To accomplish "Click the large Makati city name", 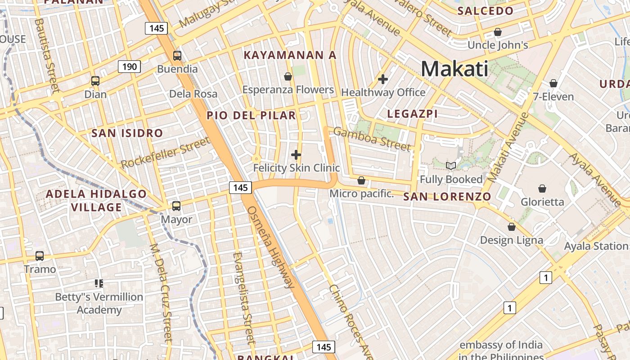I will click(x=454, y=69).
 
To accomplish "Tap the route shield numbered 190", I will click(x=130, y=67).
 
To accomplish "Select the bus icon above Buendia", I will click(x=177, y=56).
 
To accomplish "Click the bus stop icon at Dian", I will click(x=95, y=81).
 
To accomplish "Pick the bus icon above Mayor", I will click(x=176, y=206).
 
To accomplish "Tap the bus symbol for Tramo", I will click(x=40, y=256).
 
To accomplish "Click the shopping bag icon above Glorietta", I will click(x=542, y=189).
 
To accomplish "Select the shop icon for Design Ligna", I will click(x=511, y=227).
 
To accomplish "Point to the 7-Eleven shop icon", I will click(x=553, y=83).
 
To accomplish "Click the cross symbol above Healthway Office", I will click(x=383, y=79).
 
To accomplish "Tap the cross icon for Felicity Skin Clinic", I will click(x=296, y=155).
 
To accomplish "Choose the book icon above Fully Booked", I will click(x=451, y=166).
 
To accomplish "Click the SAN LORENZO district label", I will click(x=447, y=197).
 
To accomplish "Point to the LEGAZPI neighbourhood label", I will click(x=412, y=114).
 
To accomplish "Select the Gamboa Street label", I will click(x=372, y=139).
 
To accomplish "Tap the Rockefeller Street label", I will click(x=166, y=153).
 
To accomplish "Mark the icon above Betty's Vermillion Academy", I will click(x=99, y=283).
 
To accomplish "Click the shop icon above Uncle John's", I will click(x=498, y=32).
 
